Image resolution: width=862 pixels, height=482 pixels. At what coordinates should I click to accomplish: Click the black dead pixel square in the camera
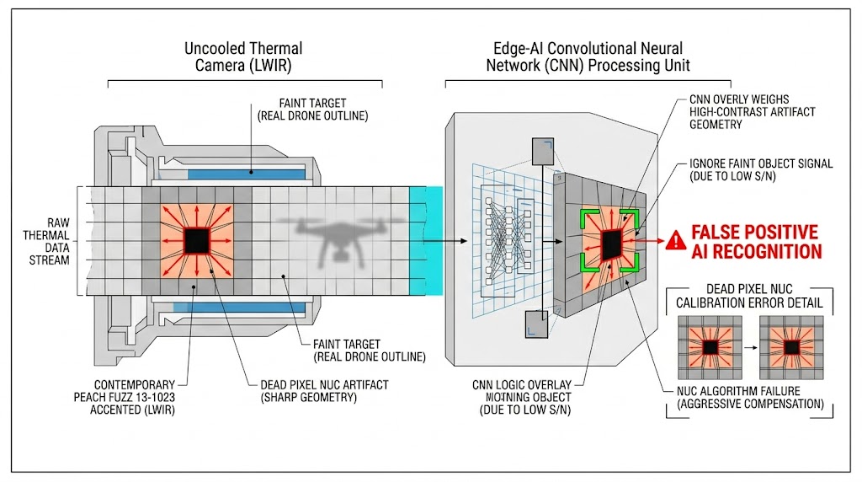(x=197, y=240)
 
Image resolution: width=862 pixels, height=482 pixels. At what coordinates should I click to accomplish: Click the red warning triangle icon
(x=675, y=241)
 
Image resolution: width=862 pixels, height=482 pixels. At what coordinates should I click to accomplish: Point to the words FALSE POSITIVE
(x=755, y=232)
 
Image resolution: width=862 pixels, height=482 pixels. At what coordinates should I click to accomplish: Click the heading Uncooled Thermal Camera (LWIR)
(x=243, y=57)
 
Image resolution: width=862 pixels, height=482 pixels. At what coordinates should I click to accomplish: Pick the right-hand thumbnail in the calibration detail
(x=791, y=347)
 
